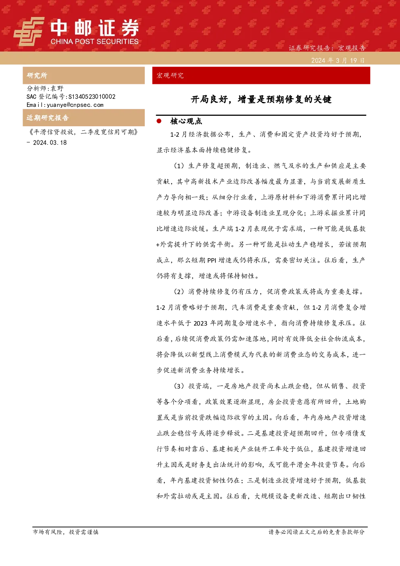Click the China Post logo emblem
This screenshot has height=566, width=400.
29,31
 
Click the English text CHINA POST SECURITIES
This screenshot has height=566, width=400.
94,42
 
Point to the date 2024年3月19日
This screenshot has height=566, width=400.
338,61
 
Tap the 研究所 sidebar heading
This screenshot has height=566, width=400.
37,75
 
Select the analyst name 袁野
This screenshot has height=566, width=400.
57,88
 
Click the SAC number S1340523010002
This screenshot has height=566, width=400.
92,96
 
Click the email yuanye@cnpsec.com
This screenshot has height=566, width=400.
75,105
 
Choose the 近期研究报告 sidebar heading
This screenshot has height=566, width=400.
48,118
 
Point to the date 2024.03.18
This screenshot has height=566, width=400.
50,143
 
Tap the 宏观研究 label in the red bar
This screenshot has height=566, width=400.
170,75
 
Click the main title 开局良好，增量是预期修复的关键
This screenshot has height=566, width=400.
261,100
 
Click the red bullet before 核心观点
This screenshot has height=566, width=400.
159,121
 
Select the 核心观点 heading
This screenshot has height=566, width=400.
186,121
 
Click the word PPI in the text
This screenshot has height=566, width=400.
212,260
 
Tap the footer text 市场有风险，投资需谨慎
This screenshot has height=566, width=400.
66,532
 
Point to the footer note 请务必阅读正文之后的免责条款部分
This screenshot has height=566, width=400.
317,532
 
